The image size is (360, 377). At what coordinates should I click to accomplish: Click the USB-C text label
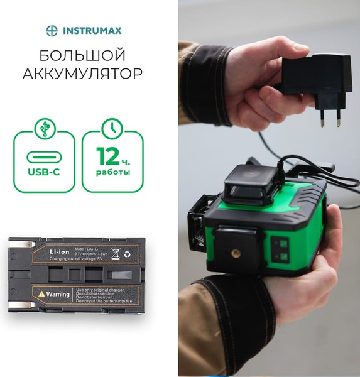coord(43,170)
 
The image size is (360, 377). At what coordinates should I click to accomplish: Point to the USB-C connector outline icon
coord(43,155)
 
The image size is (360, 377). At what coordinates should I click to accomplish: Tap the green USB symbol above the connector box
coord(43,126)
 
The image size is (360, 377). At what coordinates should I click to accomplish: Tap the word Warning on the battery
coord(58,293)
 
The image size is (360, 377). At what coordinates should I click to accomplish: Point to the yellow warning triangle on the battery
coord(41,293)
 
